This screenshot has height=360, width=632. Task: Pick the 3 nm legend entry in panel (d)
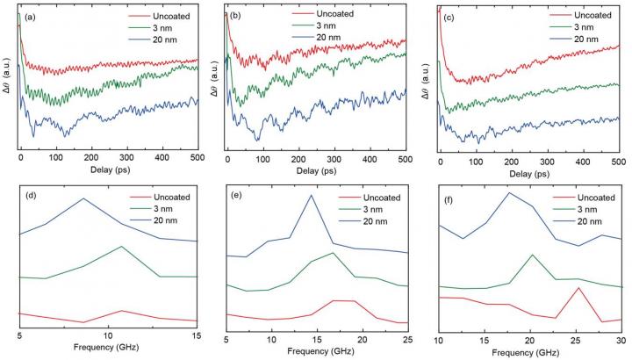[165, 209]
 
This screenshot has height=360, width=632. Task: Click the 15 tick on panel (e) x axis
[317, 339]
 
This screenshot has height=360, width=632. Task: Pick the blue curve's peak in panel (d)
[84, 198]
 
